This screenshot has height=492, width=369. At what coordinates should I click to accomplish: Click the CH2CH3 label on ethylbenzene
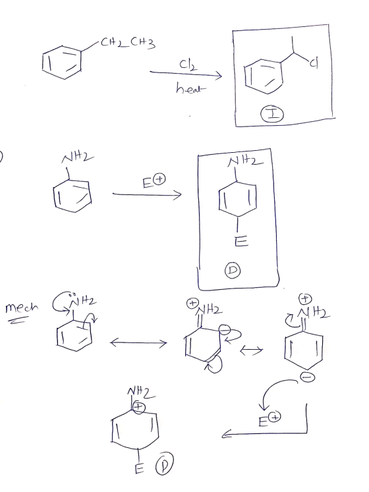tap(128, 43)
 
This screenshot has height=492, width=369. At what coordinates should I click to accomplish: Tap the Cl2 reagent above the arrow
tap(188, 65)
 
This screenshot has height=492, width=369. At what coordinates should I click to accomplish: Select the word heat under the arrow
tap(191, 88)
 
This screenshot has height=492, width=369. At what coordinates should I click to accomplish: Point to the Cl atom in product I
tap(314, 64)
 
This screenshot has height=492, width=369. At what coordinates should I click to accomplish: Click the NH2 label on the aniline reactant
tap(77, 157)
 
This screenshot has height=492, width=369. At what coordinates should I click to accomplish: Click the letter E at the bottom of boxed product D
tap(241, 241)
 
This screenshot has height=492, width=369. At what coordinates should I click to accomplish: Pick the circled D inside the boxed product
tap(233, 271)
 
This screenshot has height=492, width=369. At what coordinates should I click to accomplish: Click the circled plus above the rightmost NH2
tap(304, 299)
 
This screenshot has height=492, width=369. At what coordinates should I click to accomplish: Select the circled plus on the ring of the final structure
tap(138, 406)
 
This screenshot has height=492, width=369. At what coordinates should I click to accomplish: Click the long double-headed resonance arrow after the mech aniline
tap(138, 343)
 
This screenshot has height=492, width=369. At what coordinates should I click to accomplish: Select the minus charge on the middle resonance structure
tap(225, 330)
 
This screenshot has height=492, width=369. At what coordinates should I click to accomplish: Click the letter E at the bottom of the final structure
tap(139, 468)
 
